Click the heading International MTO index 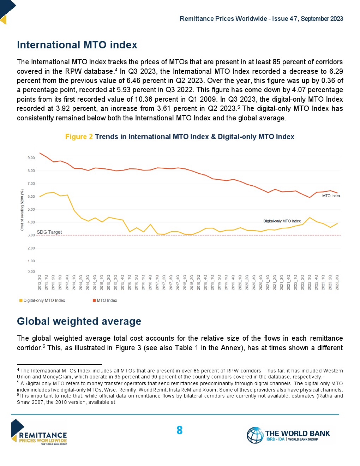pyautogui.click(x=77, y=45)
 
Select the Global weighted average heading pyautogui.click(x=79, y=321)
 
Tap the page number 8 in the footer pyautogui.click(x=179, y=430)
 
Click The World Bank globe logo pyautogui.click(x=255, y=435)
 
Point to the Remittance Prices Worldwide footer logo pyautogui.click(x=39, y=432)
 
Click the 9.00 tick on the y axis pyautogui.click(x=31, y=158)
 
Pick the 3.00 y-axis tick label pyautogui.click(x=31, y=235)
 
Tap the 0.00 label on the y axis pyautogui.click(x=31, y=271)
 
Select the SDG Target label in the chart pyautogui.click(x=49, y=232)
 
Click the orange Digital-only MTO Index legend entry pyautogui.click(x=42, y=300)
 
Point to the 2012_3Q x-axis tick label pyautogui.click(x=40, y=282)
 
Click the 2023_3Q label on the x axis pyautogui.click(x=337, y=282)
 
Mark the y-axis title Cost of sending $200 pyautogui.click(x=22, y=210)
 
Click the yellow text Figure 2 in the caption pyautogui.click(x=79, y=137)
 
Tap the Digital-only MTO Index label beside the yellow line pyautogui.click(x=282, y=221)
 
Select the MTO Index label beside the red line pyautogui.click(x=331, y=196)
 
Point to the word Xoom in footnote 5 pyautogui.click(x=209, y=390)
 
